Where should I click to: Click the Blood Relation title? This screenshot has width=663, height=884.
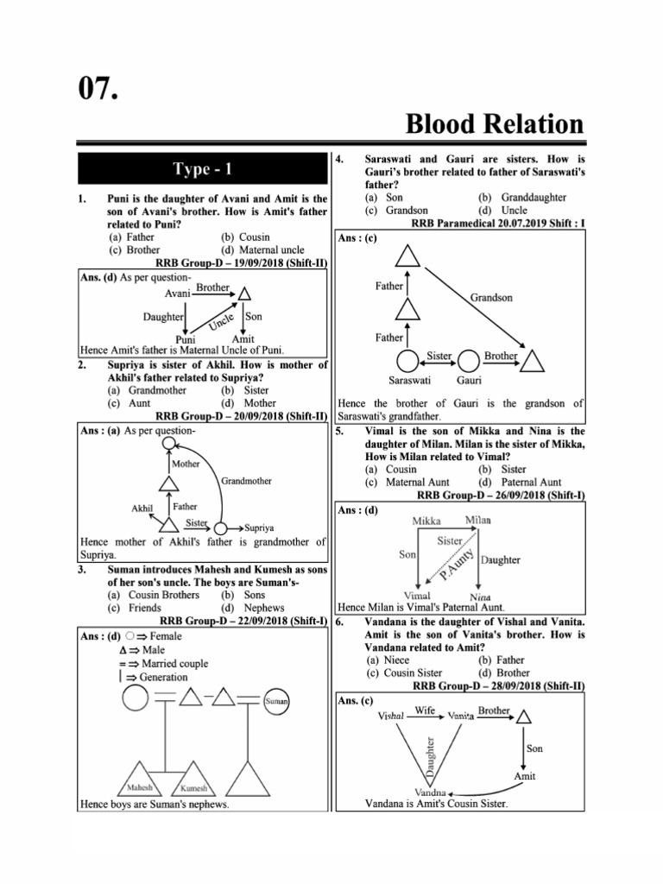(494, 123)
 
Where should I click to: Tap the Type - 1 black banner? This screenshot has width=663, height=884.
(203, 169)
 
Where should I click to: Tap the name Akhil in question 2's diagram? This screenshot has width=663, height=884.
(142, 508)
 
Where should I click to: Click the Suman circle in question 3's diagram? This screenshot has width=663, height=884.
(276, 702)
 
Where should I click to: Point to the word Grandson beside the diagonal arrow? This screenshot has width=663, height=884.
(491, 297)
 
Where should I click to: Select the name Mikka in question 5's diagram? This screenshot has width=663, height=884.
(426, 521)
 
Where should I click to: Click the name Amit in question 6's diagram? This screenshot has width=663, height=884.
(524, 776)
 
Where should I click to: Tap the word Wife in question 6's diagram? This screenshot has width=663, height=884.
(425, 710)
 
